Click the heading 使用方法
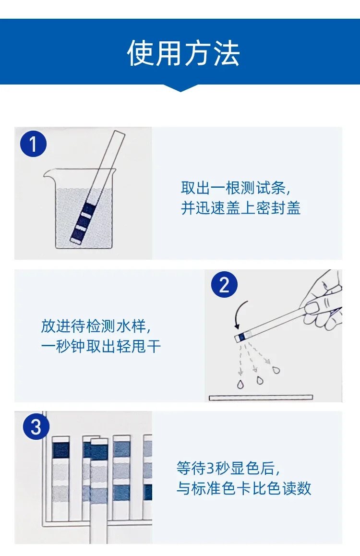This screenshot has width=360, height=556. (x=183, y=53)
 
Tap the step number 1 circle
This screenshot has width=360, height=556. (x=33, y=144)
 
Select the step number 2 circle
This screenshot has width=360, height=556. (x=224, y=285)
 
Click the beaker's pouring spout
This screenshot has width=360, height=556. (x=48, y=174)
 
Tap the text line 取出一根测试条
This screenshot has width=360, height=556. (x=236, y=188)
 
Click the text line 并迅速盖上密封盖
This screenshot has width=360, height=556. (x=240, y=208)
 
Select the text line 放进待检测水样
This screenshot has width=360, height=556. (x=96, y=326)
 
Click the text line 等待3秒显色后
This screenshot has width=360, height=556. (x=228, y=469)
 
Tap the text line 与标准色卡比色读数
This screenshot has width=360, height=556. (x=244, y=488)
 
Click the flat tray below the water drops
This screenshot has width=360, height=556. (x=261, y=398)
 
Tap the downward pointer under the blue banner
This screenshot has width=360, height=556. (x=180, y=88)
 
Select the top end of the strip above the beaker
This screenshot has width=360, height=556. (x=120, y=133)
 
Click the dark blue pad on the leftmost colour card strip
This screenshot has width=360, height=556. (x=60, y=449)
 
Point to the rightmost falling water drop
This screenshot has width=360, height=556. (x=276, y=370)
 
